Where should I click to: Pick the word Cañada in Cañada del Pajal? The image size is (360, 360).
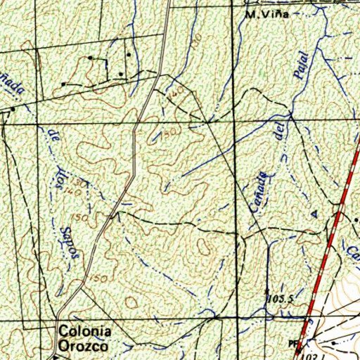tap(259, 190)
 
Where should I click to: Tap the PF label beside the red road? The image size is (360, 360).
tap(293, 343)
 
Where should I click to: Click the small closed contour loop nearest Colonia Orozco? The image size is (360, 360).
tap(131, 302)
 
